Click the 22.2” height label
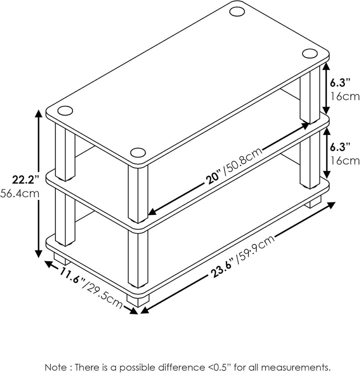[x=25, y=179]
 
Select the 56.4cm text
[x=19, y=193]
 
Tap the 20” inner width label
[x=213, y=178]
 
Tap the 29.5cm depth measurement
[x=103, y=295]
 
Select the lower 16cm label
[x=345, y=161]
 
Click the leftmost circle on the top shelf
[x=65, y=110]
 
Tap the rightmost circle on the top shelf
[x=310, y=53]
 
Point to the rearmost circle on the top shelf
[x=237, y=11]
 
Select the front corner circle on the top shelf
[x=138, y=152]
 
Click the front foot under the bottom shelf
[x=138, y=300]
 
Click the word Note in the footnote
[x=56, y=367]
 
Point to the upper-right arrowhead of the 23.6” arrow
[x=331, y=205]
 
